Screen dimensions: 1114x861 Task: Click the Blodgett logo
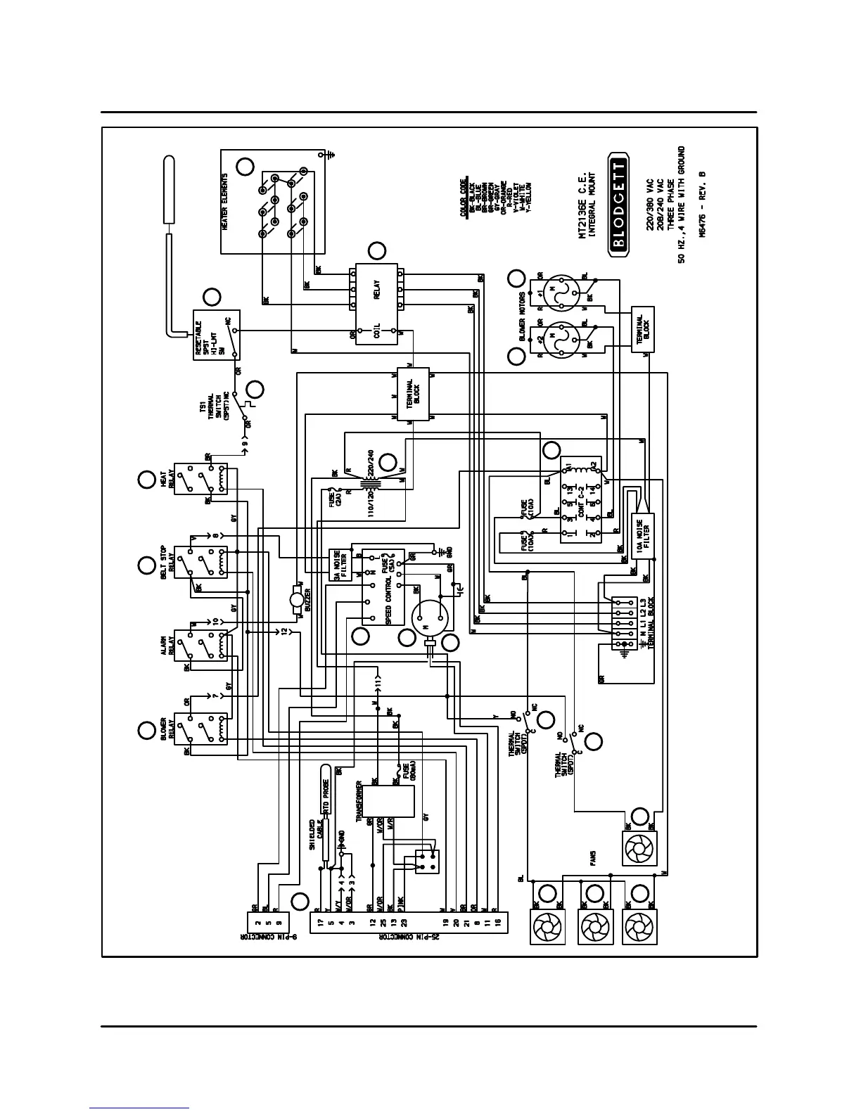point(618,200)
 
